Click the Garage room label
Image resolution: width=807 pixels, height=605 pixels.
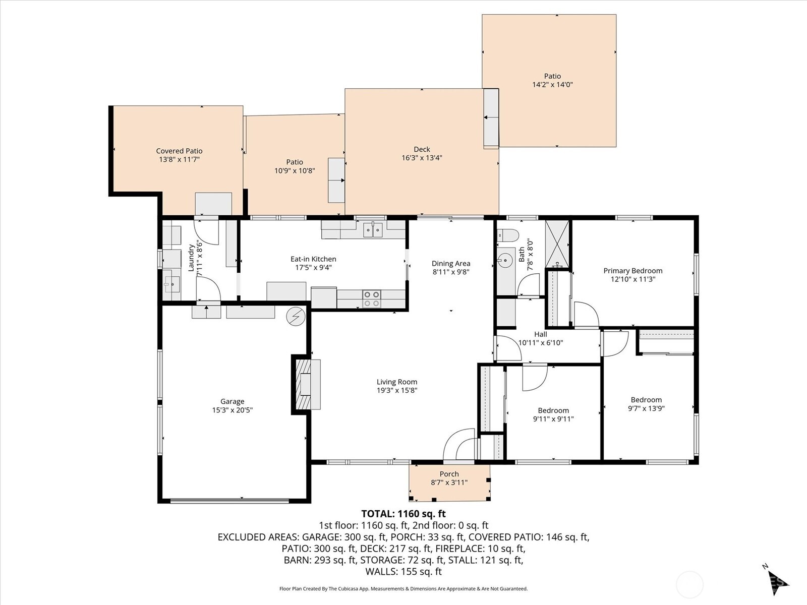[x=232, y=401]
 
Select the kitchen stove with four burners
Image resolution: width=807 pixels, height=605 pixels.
[x=372, y=298]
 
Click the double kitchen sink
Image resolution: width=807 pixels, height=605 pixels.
[x=373, y=229]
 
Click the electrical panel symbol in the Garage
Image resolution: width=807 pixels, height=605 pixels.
[x=296, y=316]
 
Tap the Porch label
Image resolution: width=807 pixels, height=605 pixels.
[x=449, y=474]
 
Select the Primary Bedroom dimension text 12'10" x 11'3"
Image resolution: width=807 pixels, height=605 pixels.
[x=632, y=279]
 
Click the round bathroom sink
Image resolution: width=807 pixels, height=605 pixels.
[x=504, y=261]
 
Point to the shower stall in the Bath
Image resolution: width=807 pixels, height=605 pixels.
[x=557, y=244]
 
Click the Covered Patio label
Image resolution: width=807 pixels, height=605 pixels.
[x=179, y=151]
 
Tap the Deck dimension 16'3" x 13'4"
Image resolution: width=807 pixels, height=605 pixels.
[x=422, y=158]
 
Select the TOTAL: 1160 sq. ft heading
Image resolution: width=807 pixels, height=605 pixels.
[x=403, y=514]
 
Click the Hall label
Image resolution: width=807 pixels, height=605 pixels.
[x=540, y=334]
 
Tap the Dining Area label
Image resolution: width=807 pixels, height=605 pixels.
[x=451, y=263]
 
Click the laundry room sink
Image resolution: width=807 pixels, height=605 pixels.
[x=171, y=284]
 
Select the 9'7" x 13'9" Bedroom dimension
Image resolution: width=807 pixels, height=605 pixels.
[x=646, y=408]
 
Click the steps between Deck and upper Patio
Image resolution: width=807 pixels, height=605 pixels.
[x=491, y=118]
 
